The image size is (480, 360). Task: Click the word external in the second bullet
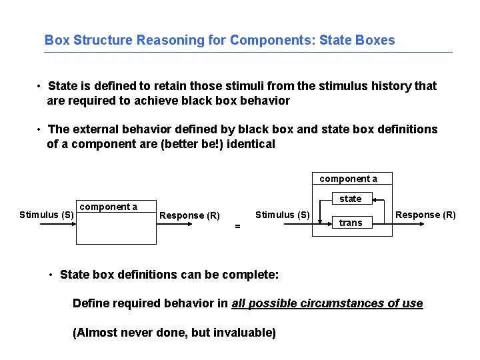(x=95, y=129)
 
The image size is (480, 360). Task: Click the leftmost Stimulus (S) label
(x=47, y=215)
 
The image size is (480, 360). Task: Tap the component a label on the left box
(x=109, y=207)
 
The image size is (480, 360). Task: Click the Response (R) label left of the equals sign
(x=190, y=215)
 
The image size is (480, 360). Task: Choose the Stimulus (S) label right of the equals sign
(x=283, y=215)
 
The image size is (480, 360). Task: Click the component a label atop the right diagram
(x=348, y=179)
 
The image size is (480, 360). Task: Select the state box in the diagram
(x=351, y=199)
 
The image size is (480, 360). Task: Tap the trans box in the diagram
(x=351, y=223)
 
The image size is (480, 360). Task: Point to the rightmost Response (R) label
(x=426, y=215)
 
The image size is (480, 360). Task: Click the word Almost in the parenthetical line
(x=95, y=333)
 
